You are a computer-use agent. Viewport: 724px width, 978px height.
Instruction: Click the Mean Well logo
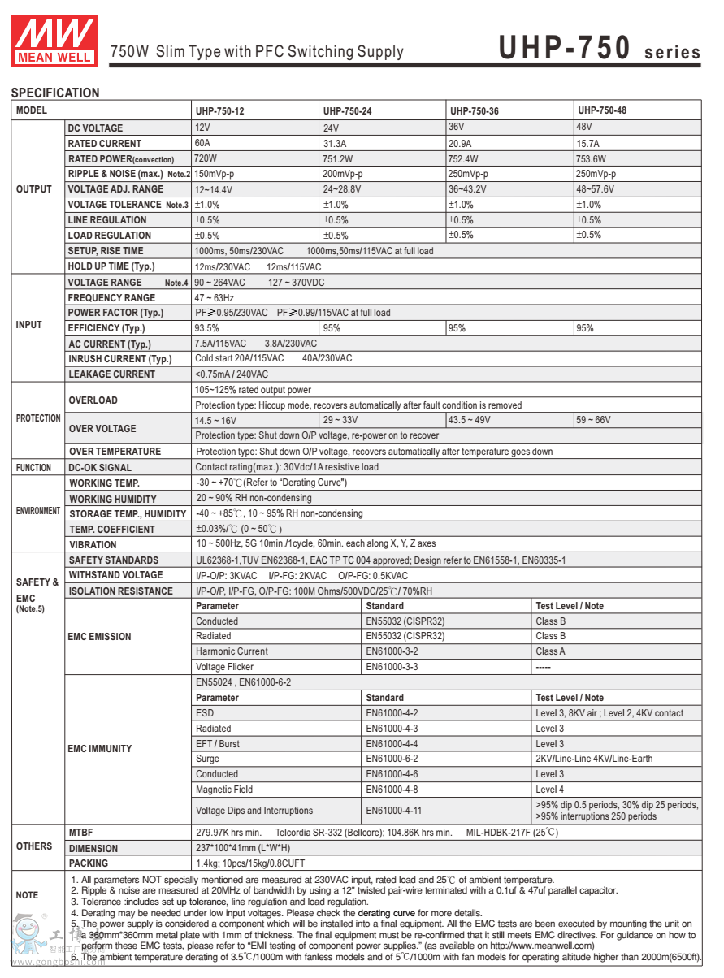tap(54, 39)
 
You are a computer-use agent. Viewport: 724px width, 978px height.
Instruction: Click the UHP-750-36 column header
tap(475, 110)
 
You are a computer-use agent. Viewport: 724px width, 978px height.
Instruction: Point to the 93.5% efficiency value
tap(207, 328)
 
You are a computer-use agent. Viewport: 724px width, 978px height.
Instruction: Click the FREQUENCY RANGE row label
tap(111, 298)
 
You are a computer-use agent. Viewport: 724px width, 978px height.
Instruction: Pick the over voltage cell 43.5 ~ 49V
tap(469, 420)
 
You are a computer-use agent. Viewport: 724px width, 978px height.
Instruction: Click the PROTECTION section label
tap(38, 418)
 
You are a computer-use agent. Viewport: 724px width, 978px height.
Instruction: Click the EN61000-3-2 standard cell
tap(392, 651)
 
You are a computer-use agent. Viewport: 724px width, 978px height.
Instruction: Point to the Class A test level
tap(550, 651)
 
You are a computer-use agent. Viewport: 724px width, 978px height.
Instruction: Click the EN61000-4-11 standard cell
tap(394, 811)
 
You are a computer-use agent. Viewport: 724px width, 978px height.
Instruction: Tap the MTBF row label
tap(81, 832)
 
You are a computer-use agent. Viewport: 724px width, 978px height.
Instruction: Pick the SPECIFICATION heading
tap(55, 93)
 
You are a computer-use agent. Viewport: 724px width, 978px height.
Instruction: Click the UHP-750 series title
tap(599, 49)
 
